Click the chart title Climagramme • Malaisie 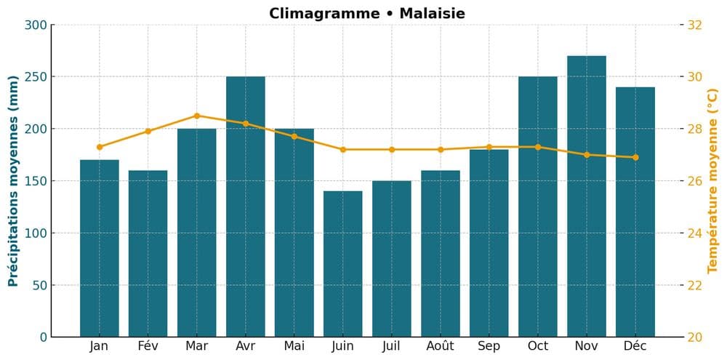366,13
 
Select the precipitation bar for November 587,196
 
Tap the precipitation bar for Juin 343,263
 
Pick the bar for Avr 246,207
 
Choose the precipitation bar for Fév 148,253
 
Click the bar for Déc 635,212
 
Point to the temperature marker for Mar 197,116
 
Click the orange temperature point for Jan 100,147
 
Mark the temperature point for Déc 635,157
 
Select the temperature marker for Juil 392,150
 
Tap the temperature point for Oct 538,147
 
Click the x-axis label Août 441,346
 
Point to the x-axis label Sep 489,346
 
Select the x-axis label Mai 294,346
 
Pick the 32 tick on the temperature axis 694,25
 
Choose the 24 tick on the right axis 694,233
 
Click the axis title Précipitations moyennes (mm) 13,180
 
